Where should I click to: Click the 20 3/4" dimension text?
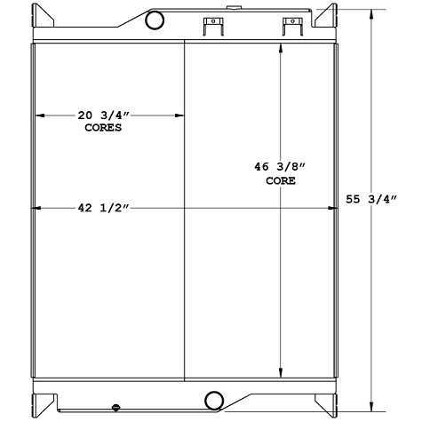(98, 115)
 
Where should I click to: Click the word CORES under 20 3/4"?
(98, 127)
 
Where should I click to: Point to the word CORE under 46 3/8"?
(281, 180)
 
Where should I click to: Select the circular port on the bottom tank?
(214, 399)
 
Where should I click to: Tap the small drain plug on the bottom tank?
(116, 409)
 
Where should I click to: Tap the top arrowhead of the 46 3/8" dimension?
(281, 47)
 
